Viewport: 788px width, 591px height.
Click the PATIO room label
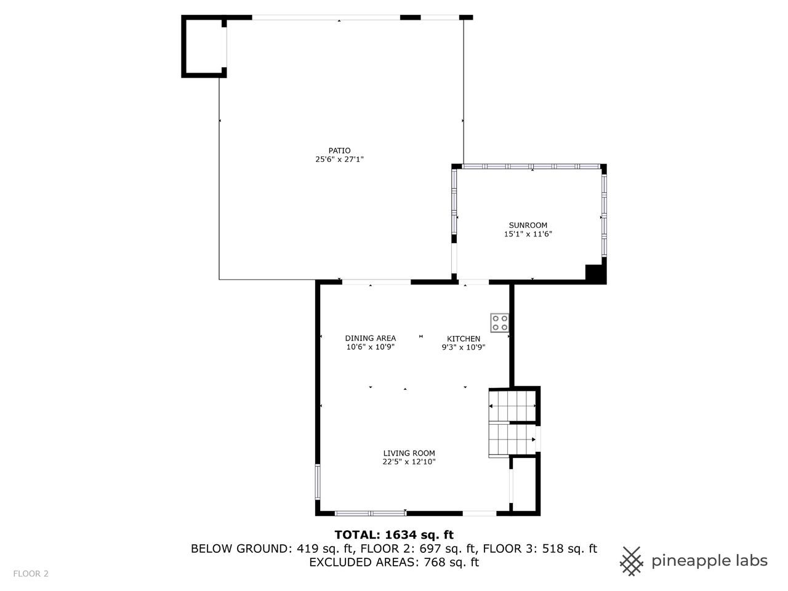tap(339, 151)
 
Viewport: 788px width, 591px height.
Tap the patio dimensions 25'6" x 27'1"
tap(339, 159)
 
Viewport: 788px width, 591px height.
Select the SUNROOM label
tap(528, 225)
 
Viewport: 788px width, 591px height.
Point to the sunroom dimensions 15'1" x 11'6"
tap(528, 234)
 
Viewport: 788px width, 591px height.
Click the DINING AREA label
tap(370, 338)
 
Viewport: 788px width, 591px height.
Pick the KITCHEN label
tap(463, 339)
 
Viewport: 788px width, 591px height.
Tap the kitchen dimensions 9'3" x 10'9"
tap(463, 347)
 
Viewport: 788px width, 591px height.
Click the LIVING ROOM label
tap(409, 453)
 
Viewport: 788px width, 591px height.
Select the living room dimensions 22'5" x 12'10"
tap(409, 462)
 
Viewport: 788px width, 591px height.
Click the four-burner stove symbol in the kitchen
tap(499, 323)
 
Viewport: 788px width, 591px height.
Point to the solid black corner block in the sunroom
tap(595, 273)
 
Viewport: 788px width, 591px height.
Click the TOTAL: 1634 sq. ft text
tap(394, 535)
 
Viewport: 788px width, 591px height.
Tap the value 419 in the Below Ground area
tap(307, 549)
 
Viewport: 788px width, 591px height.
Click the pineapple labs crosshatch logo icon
tap(631, 561)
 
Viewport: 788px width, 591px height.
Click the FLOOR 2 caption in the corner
tap(31, 574)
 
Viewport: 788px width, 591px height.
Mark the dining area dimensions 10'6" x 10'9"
tap(370, 347)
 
